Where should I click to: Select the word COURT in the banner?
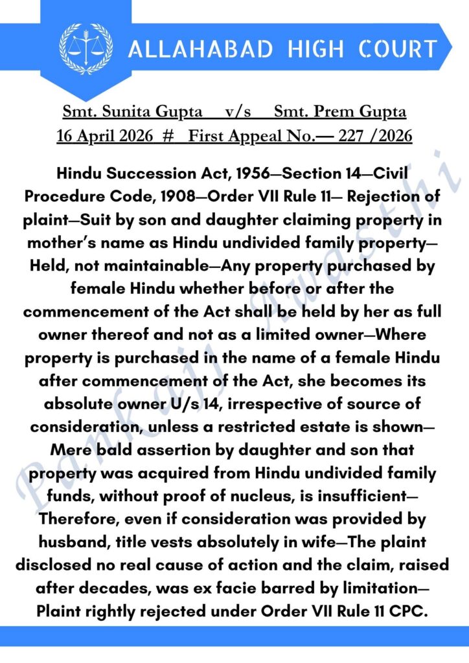coord(396,49)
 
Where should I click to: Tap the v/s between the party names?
coord(238,111)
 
